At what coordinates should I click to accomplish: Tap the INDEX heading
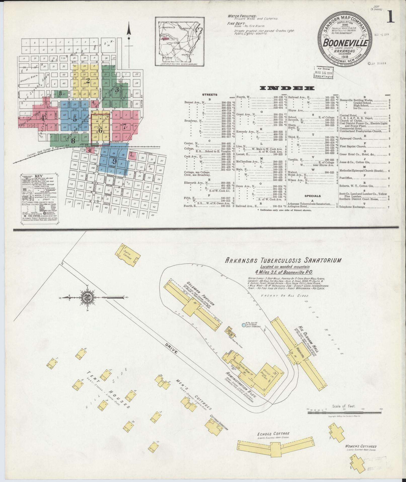tap(287, 88)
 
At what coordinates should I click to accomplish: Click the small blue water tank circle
tap(243, 325)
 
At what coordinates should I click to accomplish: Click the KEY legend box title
tap(39, 176)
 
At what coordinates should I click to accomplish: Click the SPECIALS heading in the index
tap(312, 196)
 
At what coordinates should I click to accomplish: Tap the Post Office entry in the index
tap(347, 178)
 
